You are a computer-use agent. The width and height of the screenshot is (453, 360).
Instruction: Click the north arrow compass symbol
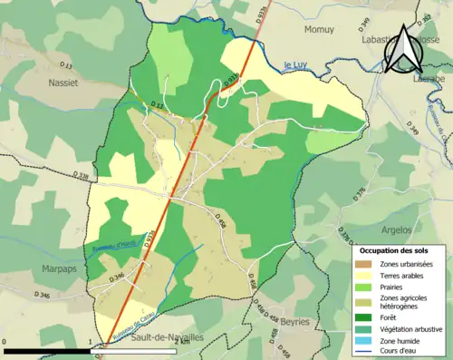[x=401, y=54]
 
